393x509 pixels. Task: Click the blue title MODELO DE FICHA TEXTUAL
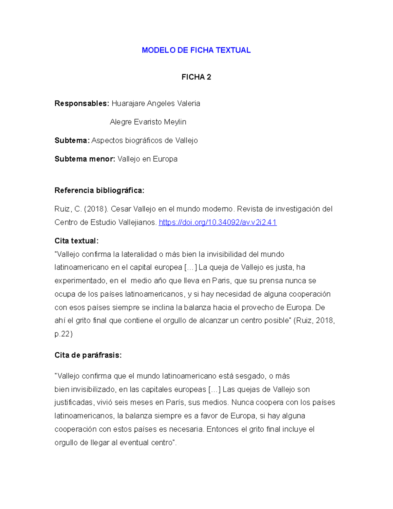pyautogui.click(x=196, y=50)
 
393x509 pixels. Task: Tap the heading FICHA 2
pyautogui.click(x=196, y=77)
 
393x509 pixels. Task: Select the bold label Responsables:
pyautogui.click(x=82, y=104)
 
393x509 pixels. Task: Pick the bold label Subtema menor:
pyautogui.click(x=84, y=159)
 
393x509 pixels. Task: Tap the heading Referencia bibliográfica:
pyautogui.click(x=99, y=190)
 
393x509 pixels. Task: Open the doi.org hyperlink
pyautogui.click(x=217, y=223)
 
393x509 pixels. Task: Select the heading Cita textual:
pyautogui.click(x=76, y=241)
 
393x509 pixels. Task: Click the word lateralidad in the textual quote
pyautogui.click(x=139, y=254)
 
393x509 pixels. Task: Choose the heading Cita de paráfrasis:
pyautogui.click(x=88, y=355)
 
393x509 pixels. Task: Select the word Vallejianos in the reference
pyautogui.click(x=137, y=223)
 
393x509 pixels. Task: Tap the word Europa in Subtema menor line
pyautogui.click(x=165, y=159)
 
